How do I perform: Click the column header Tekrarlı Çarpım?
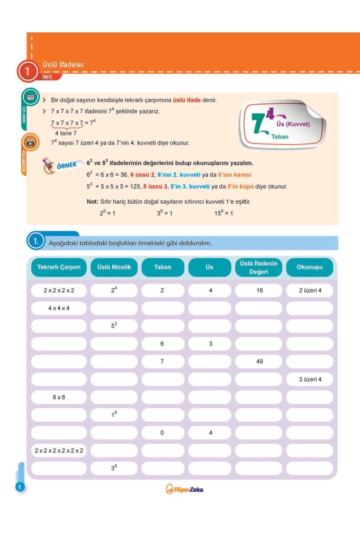tap(59, 267)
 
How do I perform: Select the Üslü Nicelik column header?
tap(114, 267)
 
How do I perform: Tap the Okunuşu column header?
tap(309, 267)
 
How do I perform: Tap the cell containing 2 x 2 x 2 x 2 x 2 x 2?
tap(59, 450)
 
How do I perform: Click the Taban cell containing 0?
tap(162, 432)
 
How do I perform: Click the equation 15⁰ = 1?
tap(223, 213)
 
